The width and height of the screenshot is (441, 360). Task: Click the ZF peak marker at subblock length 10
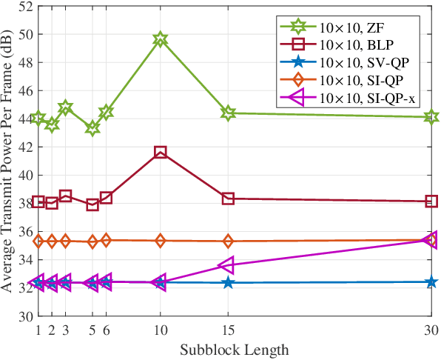pyautogui.click(x=161, y=39)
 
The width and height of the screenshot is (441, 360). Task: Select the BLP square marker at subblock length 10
pyautogui.click(x=161, y=152)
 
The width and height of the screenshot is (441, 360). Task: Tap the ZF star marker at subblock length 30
pyautogui.click(x=431, y=116)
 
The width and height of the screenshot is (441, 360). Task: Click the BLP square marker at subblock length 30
pyautogui.click(x=431, y=201)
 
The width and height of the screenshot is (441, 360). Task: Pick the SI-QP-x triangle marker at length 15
pyautogui.click(x=227, y=265)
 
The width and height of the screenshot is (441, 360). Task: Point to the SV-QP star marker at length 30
pyautogui.click(x=431, y=282)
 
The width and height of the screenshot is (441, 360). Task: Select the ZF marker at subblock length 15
pyautogui.click(x=228, y=113)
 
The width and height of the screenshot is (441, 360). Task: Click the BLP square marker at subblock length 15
pyautogui.click(x=228, y=199)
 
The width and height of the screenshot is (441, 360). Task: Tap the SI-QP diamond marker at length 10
pyautogui.click(x=161, y=241)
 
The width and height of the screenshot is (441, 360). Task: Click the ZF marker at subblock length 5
pyautogui.click(x=92, y=128)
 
